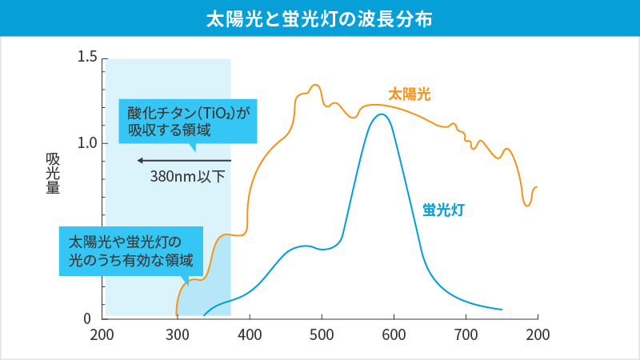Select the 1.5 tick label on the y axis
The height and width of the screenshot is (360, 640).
tap(87, 58)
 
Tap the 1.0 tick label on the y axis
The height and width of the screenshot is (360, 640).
tap(87, 143)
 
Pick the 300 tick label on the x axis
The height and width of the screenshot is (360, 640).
tap(177, 334)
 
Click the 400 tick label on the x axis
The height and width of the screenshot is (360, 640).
tap(250, 334)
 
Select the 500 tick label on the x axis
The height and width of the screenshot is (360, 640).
tap(322, 334)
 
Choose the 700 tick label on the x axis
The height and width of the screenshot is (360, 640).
tap(466, 334)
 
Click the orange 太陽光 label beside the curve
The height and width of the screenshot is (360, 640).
tap(410, 94)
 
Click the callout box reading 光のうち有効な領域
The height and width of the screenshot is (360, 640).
tap(131, 250)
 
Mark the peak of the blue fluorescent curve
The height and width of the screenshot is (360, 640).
tap(382, 114)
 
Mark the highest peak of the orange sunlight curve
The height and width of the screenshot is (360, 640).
tap(314, 85)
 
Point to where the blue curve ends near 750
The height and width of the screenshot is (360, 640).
tap(502, 309)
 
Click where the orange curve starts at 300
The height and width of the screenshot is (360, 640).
tap(177, 314)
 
